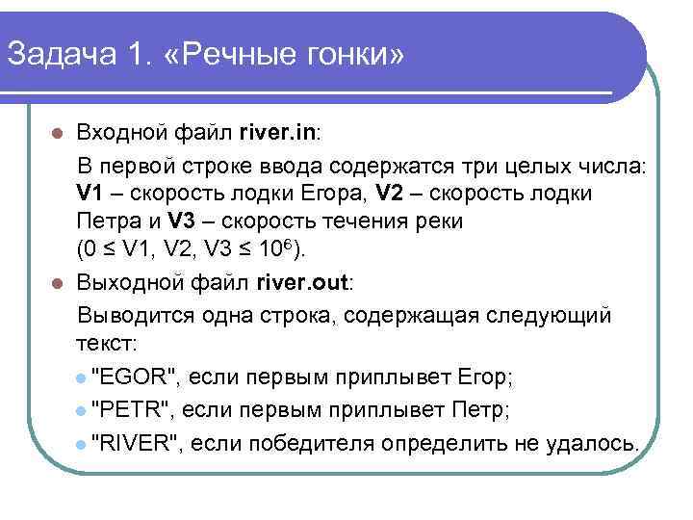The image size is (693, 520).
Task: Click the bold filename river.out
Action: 305,284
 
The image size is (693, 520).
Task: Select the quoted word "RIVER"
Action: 135,443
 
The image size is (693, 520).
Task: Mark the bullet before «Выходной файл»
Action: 58,285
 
